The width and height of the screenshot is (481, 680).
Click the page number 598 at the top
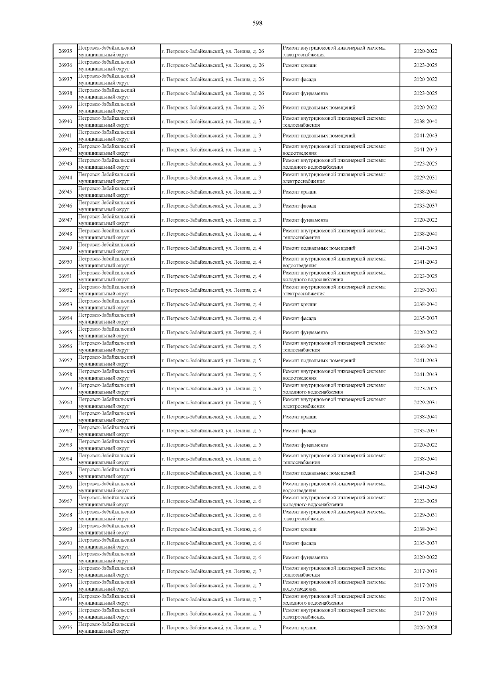pos(257,23)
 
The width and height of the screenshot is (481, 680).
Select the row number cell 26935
pos(65,51)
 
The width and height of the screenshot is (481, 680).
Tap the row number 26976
pos(65,628)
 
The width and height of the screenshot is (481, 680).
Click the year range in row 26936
pos(425,65)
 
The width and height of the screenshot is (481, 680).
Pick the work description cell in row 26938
pos(305,93)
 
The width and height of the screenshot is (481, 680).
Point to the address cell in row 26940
pos(211,121)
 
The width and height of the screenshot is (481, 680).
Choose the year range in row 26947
pos(425,220)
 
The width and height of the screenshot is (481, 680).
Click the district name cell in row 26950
pos(107,262)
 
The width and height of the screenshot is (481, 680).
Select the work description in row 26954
pos(299,319)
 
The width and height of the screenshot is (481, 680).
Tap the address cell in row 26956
pos(211,347)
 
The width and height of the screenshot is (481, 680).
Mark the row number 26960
pos(65,403)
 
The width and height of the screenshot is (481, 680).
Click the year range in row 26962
pos(425,431)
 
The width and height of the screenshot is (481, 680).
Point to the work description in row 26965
pos(319,473)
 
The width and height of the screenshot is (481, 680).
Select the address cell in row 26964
pos(211,459)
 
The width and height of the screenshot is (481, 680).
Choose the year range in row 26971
pos(425,557)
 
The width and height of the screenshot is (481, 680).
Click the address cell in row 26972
pos(211,571)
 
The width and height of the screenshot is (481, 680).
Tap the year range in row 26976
pos(425,628)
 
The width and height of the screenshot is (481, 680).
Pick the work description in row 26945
pos(299,192)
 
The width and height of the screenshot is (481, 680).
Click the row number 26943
pos(65,163)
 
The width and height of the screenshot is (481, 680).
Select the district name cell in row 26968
pos(107,515)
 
